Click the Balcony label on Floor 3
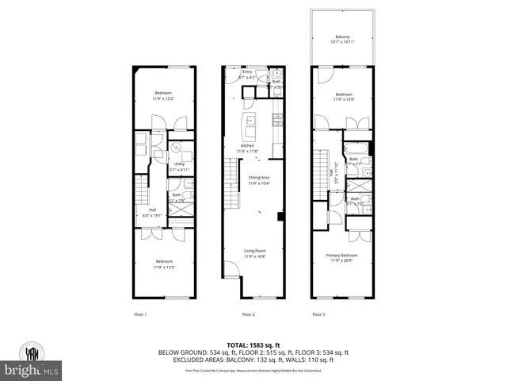coord(341,36)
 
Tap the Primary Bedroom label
coord(341,256)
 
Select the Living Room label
coord(254,252)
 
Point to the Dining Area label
coord(259,179)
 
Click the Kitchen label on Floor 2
coord(248,145)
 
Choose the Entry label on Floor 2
coord(246,71)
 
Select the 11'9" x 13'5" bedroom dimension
coord(164,267)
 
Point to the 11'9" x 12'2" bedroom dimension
coord(164,98)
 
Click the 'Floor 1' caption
coord(140,315)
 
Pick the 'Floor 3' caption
coord(318,315)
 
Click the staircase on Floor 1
coord(142,190)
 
